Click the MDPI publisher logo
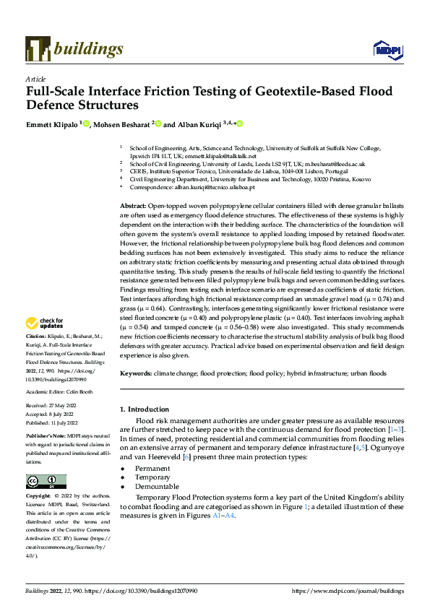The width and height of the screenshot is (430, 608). (x=386, y=49)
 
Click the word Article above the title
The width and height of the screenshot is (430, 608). (x=35, y=79)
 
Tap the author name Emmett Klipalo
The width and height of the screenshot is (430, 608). (x=53, y=124)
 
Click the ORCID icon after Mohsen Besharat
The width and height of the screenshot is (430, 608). (x=158, y=124)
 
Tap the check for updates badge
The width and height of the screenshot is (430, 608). (x=45, y=323)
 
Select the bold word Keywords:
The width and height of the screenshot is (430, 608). (x=137, y=373)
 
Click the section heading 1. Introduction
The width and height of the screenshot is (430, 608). (x=148, y=409)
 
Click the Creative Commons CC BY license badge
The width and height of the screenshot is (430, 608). (x=46, y=481)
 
